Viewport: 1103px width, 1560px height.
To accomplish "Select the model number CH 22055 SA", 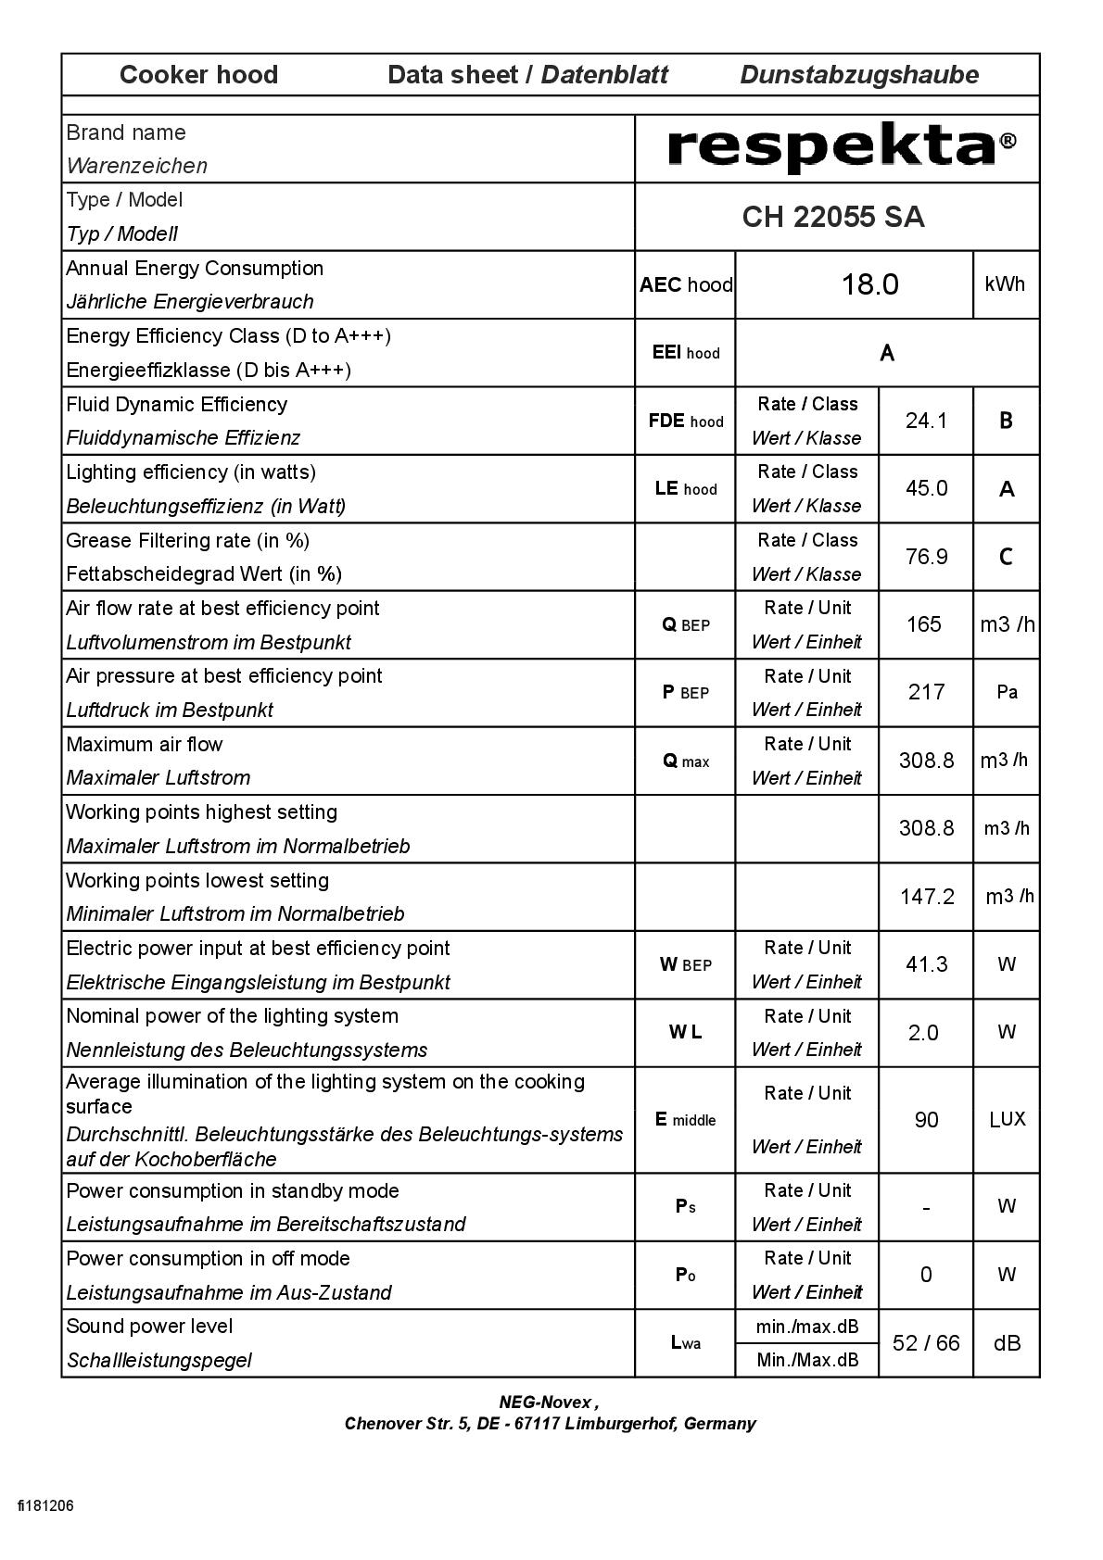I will point(833,217).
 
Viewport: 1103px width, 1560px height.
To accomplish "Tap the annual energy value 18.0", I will point(869,284).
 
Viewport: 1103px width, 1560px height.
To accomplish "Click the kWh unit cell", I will point(1005,284).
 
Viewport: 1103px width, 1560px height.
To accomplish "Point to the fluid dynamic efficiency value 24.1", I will point(926,421).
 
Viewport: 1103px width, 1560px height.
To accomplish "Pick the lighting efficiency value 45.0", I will point(926,488).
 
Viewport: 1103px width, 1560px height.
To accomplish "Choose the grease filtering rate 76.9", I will point(926,557).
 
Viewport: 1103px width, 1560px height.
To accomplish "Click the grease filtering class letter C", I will point(1006,557).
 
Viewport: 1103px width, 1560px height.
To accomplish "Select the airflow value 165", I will point(924,624).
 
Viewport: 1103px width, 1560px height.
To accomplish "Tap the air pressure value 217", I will point(926,692).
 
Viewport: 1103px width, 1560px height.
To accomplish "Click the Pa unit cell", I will point(1007,692).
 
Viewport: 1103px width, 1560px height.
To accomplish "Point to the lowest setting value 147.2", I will point(927,897).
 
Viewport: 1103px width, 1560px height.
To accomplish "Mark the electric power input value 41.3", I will point(926,964).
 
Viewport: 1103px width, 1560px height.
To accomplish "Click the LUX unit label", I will point(1007,1119).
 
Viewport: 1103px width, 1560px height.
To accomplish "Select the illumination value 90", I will point(926,1120).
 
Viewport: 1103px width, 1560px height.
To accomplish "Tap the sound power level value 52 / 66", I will point(926,1343).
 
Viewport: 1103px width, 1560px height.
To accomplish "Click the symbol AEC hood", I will point(685,285).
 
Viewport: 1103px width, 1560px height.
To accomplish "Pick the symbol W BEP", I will point(685,964).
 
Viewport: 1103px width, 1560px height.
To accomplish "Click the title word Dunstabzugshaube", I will point(859,75).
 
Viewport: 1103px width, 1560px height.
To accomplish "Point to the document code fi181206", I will point(45,1505).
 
